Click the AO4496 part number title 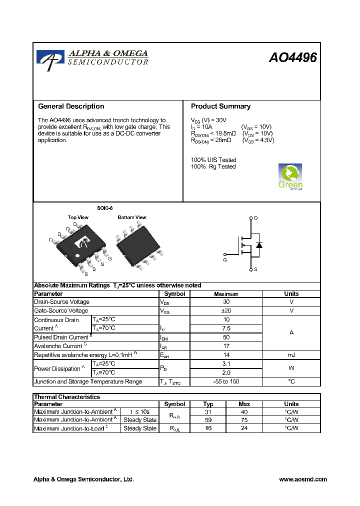[292, 58]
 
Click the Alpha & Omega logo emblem [50, 58]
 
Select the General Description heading [71, 106]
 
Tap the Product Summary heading [220, 106]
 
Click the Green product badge [290, 176]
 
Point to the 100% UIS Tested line [213, 160]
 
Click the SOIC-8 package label [104, 208]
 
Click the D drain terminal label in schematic [256, 218]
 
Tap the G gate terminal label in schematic [225, 260]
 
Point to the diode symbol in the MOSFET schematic [259, 245]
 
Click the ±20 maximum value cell [226, 311]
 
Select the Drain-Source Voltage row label [62, 302]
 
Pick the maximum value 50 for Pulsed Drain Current [226, 337]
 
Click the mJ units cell [291, 355]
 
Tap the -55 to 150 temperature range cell [226, 381]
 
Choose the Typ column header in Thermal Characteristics [208, 404]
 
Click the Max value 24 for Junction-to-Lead [244, 428]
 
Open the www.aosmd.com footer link [302, 479]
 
